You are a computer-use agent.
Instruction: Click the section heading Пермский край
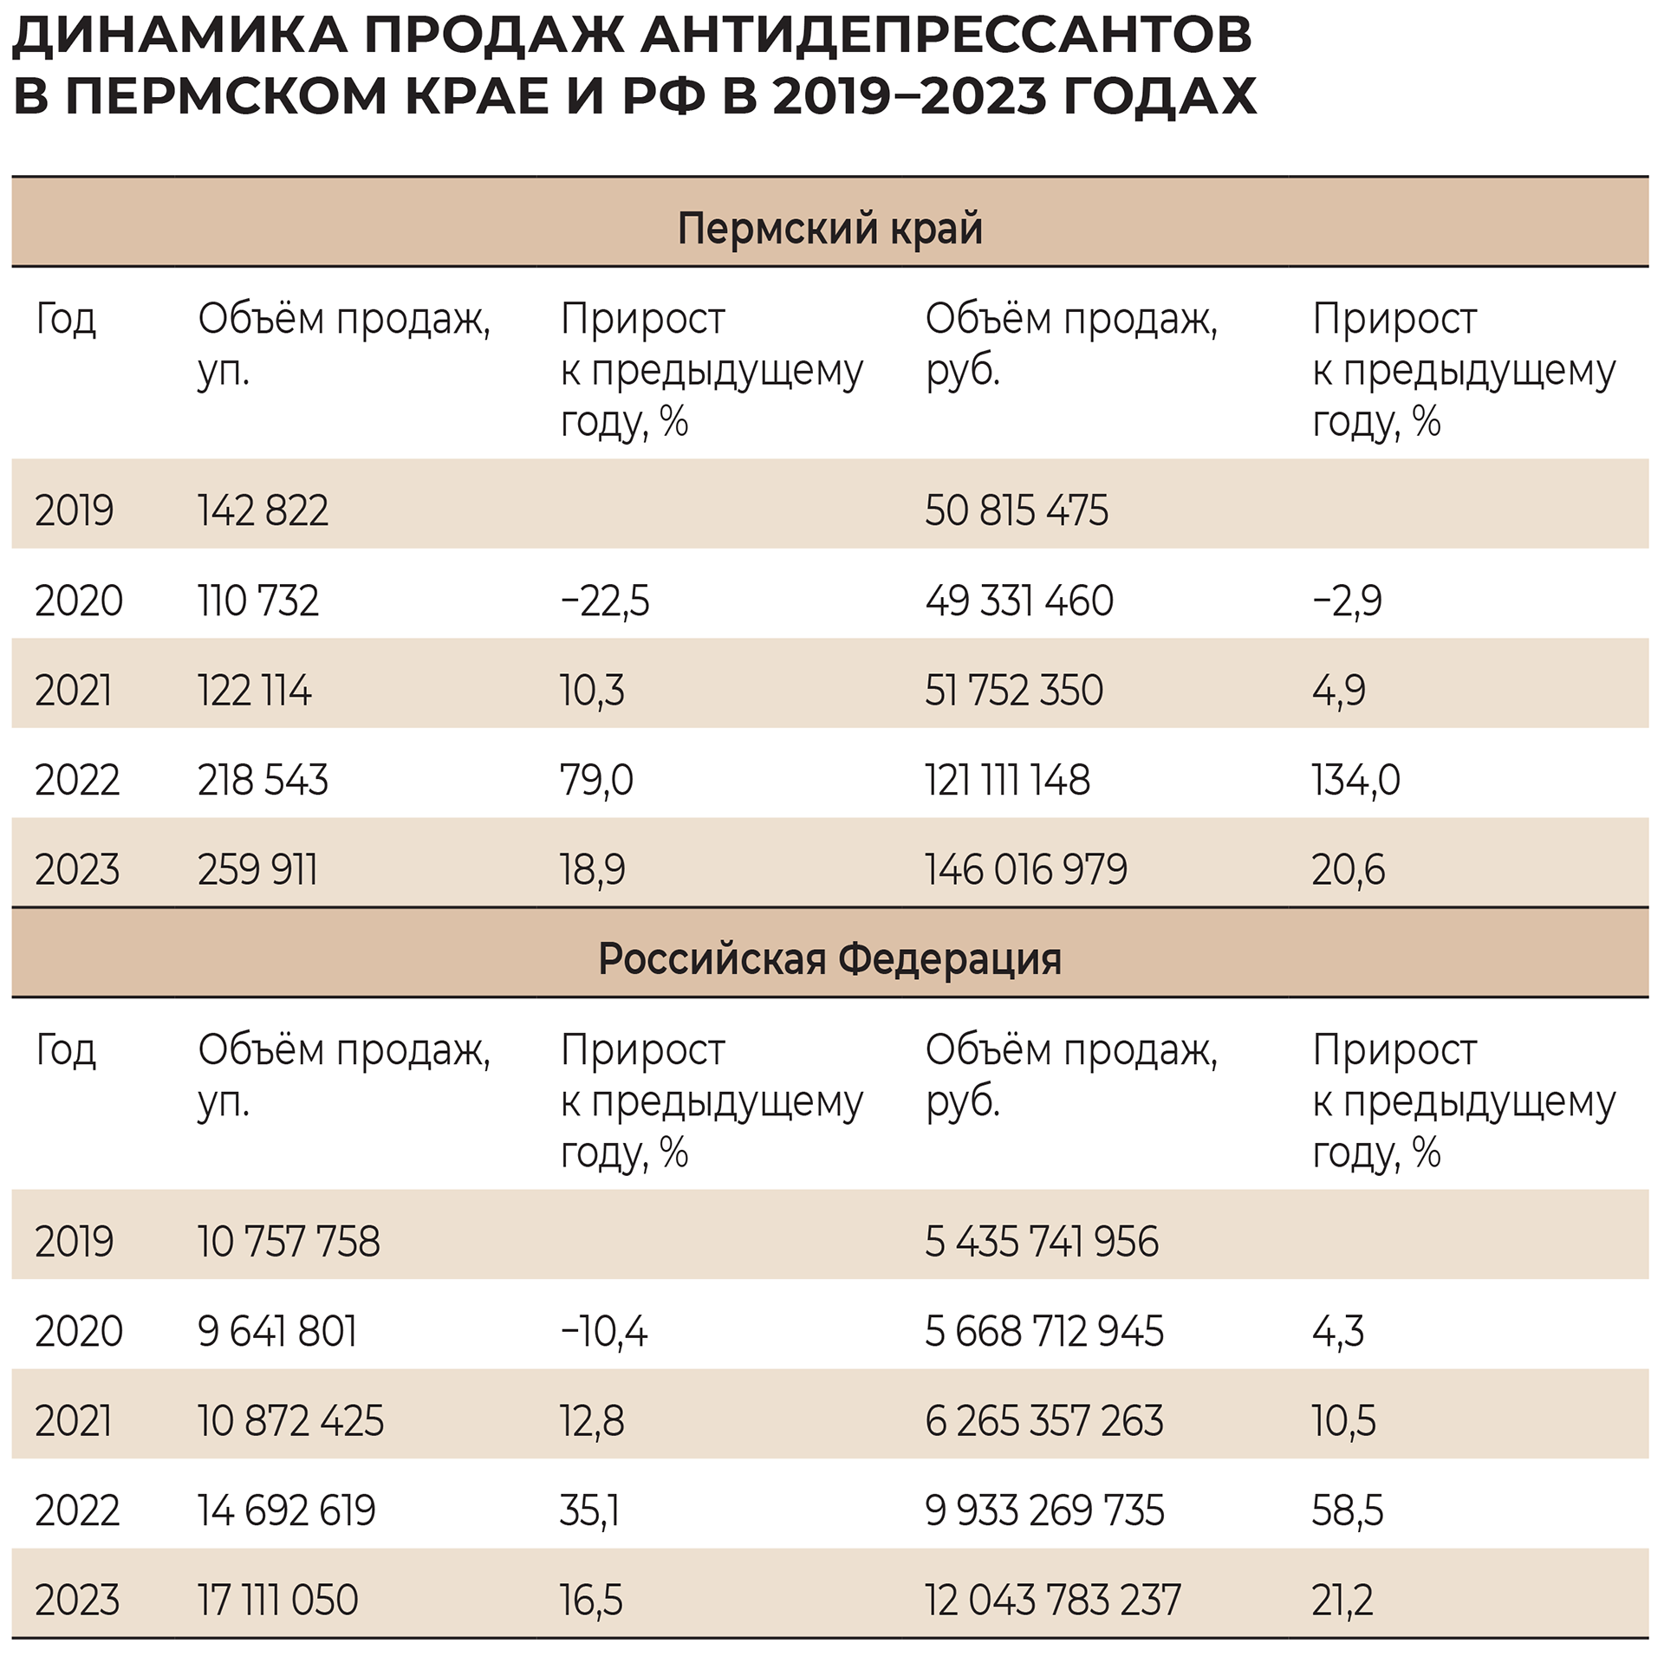click(x=829, y=229)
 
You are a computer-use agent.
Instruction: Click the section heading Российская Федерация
click(x=829, y=959)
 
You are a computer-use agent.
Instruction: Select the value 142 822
click(x=263, y=510)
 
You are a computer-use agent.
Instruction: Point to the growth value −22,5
click(x=604, y=601)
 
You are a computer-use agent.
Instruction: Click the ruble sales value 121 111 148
click(x=1007, y=780)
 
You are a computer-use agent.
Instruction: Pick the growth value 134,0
click(x=1355, y=780)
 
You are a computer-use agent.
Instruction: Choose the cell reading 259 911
click(x=257, y=869)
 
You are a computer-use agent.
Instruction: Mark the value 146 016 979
click(x=1026, y=869)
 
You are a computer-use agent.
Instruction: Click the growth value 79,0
click(x=596, y=780)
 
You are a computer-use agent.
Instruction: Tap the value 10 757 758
click(x=289, y=1242)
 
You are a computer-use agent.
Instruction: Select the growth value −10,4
click(x=604, y=1332)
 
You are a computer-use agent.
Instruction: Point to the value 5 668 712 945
click(x=1043, y=1332)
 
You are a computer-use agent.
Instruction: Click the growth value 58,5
click(x=1348, y=1510)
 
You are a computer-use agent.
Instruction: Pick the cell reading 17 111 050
click(x=277, y=1600)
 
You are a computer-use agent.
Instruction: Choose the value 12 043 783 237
click(x=1052, y=1600)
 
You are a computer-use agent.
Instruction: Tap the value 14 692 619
click(x=286, y=1510)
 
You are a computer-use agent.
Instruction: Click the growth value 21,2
click(x=1342, y=1600)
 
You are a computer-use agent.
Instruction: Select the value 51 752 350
click(x=1014, y=691)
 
